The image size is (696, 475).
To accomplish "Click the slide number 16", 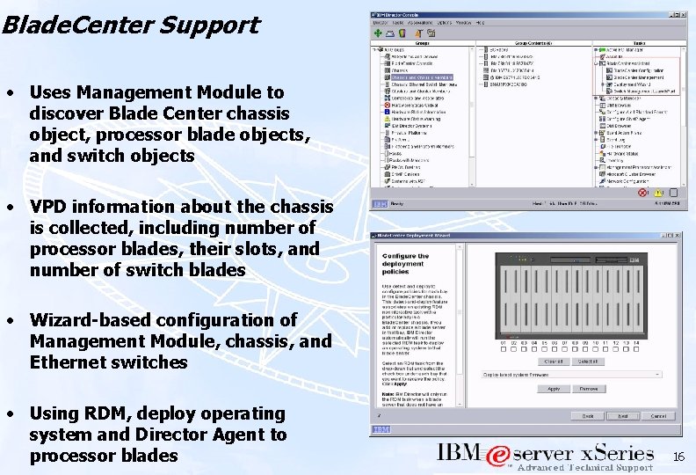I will click(x=678, y=457).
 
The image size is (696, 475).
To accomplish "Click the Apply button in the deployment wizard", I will click(x=554, y=388).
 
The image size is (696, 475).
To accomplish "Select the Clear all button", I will click(x=554, y=361).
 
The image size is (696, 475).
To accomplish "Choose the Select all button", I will click(x=587, y=361).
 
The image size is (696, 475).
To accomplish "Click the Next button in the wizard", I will click(x=623, y=415).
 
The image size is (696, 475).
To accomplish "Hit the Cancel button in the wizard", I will click(x=660, y=415).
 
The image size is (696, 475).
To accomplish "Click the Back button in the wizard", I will click(x=587, y=415).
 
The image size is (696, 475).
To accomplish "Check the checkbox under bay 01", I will click(x=504, y=351).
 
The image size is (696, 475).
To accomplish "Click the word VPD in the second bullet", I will click(x=48, y=207).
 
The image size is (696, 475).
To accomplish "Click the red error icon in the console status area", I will click(x=643, y=192).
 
